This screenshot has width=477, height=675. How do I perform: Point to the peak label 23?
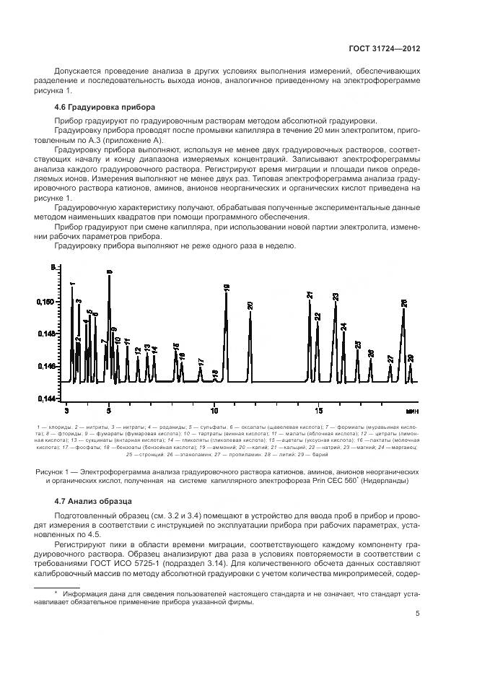point(336,297)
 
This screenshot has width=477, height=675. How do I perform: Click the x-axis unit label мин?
point(412,411)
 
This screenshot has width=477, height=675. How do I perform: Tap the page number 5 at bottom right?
point(418,614)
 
